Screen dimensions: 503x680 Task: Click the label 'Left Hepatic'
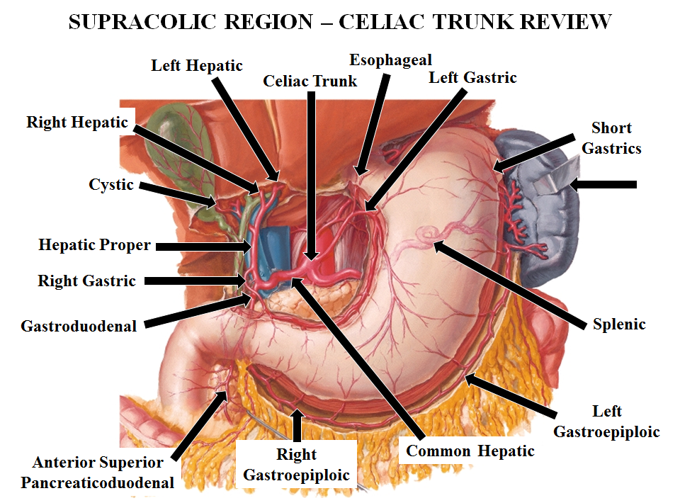[197, 66]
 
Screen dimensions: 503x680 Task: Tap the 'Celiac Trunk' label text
[310, 81]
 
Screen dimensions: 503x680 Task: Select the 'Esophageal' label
[390, 60]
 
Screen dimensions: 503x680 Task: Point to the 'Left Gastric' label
[472, 77]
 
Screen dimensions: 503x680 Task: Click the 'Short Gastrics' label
[611, 138]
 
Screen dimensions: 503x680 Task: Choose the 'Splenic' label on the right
[619, 324]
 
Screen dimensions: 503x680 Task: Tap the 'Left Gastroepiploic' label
[606, 422]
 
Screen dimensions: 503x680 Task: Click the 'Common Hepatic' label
[470, 451]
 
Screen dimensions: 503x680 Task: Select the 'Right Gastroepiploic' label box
[297, 465]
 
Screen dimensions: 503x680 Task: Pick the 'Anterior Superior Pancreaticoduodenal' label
[98, 473]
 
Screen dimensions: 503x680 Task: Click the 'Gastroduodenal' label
[79, 327]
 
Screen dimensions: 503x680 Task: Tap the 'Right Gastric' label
[86, 281]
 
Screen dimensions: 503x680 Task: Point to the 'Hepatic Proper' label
[94, 245]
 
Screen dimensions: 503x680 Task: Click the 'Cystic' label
[111, 184]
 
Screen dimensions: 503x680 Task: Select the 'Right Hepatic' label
[78, 123]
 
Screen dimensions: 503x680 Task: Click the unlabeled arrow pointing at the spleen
[603, 185]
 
